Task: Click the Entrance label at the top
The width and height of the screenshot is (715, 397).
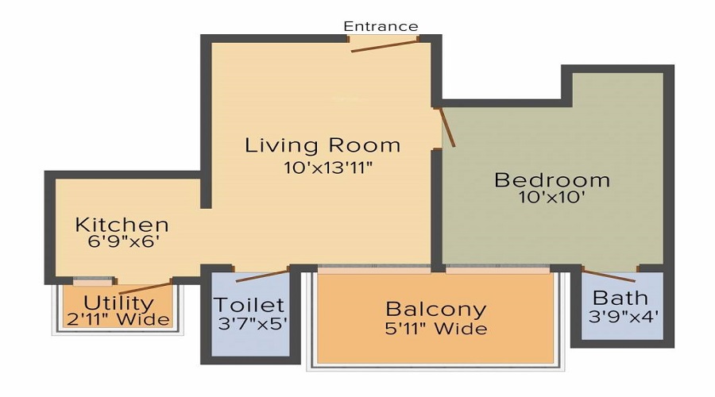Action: tap(381, 26)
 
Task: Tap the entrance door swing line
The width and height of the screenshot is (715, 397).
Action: tap(385, 45)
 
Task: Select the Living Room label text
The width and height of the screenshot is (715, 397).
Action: tap(323, 145)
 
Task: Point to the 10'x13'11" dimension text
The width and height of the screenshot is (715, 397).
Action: tap(328, 168)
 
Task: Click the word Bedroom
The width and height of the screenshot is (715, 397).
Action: tap(552, 180)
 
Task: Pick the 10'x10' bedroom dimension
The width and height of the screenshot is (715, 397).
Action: tap(551, 198)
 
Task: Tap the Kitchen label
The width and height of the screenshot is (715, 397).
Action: tap(122, 225)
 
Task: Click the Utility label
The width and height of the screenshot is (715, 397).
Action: tap(119, 303)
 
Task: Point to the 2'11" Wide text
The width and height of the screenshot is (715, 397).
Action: tap(118, 320)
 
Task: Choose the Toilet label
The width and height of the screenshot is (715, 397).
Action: tap(249, 305)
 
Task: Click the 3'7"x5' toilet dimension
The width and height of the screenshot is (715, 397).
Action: tap(250, 323)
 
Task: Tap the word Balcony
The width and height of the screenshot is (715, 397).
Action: tap(435, 308)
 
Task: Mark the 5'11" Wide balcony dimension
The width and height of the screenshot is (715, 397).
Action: tap(435, 328)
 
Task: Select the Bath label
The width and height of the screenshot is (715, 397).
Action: tap(620, 299)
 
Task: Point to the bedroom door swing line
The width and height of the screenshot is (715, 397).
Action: tap(447, 126)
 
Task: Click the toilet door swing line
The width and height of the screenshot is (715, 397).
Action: tap(263, 276)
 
